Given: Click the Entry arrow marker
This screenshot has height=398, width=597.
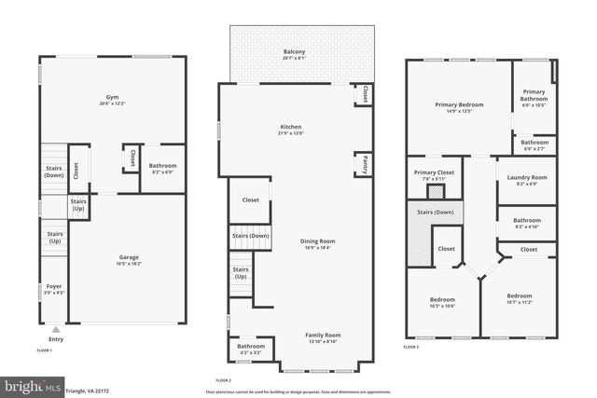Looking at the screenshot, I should click(55, 329).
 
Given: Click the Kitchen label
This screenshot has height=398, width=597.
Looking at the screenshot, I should click(291, 126).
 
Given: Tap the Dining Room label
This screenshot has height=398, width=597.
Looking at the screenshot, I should click(317, 240).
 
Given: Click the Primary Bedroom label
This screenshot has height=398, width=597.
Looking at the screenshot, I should click(459, 105).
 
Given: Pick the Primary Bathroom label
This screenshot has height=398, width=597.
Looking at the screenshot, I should click(534, 95).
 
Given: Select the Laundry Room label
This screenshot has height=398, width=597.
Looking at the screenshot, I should click(527, 177).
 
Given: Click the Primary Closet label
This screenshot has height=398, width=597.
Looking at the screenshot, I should click(434, 172).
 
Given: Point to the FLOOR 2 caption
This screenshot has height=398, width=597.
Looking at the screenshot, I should click(223, 380).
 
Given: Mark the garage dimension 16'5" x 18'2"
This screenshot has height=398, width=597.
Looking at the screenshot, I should click(130, 263).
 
